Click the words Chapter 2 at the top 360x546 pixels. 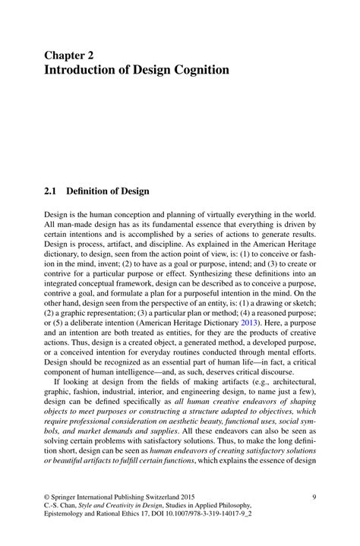74,55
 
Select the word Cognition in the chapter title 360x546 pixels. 200,71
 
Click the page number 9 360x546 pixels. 314,497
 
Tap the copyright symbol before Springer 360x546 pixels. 46,497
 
